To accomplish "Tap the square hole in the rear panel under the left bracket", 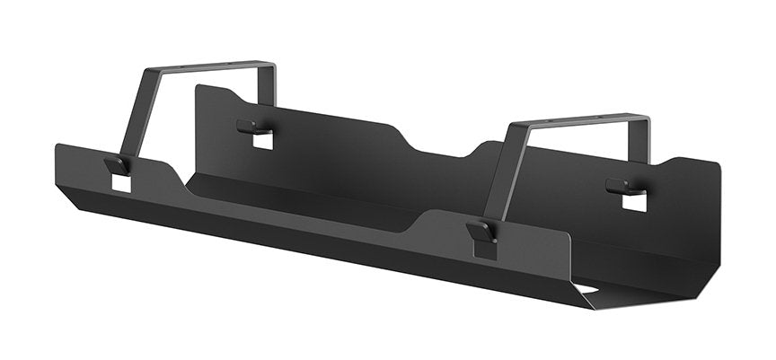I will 262,141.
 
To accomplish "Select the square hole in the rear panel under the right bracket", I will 634,202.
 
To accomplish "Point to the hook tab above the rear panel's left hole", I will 251,127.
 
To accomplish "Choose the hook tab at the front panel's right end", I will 482,233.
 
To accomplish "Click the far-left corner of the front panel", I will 57,146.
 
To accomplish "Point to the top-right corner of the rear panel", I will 719,165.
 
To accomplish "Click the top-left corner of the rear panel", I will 198,87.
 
